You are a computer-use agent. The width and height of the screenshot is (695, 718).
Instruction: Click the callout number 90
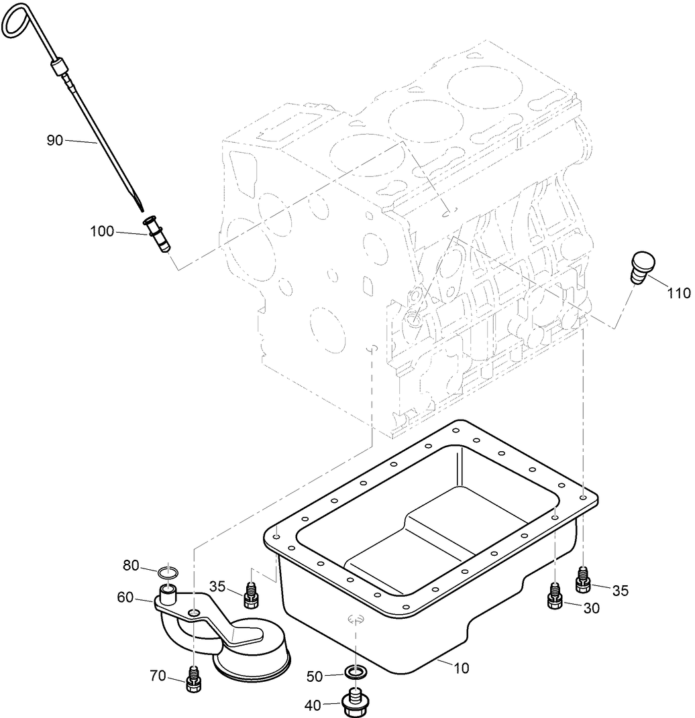56,140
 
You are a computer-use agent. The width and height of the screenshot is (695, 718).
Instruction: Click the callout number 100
103,231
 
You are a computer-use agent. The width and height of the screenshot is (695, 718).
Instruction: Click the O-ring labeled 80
168,573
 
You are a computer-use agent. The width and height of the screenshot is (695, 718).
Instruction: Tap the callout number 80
131,566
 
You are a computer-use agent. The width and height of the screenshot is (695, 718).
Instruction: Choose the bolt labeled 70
193,678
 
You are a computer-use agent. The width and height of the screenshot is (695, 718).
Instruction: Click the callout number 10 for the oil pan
461,668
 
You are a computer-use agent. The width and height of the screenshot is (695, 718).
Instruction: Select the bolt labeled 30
555,595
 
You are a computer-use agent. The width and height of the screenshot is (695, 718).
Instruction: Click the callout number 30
591,608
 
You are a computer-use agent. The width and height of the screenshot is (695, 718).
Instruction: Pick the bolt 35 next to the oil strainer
251,593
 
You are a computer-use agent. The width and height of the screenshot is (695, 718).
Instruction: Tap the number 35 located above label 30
620,591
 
